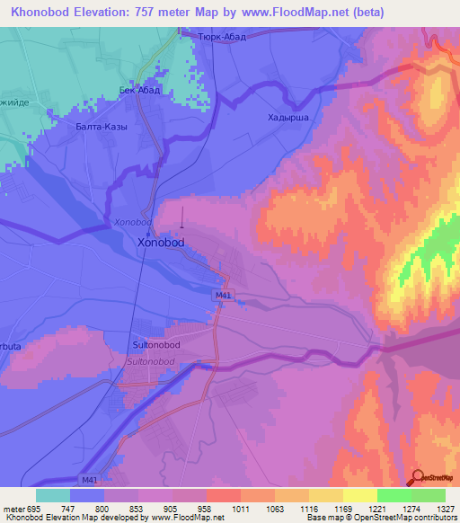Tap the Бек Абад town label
tap(139, 91)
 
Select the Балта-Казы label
tap(102, 127)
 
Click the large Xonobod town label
tap(161, 243)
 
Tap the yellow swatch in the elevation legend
tap(359, 494)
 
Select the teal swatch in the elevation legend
tap(53, 494)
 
